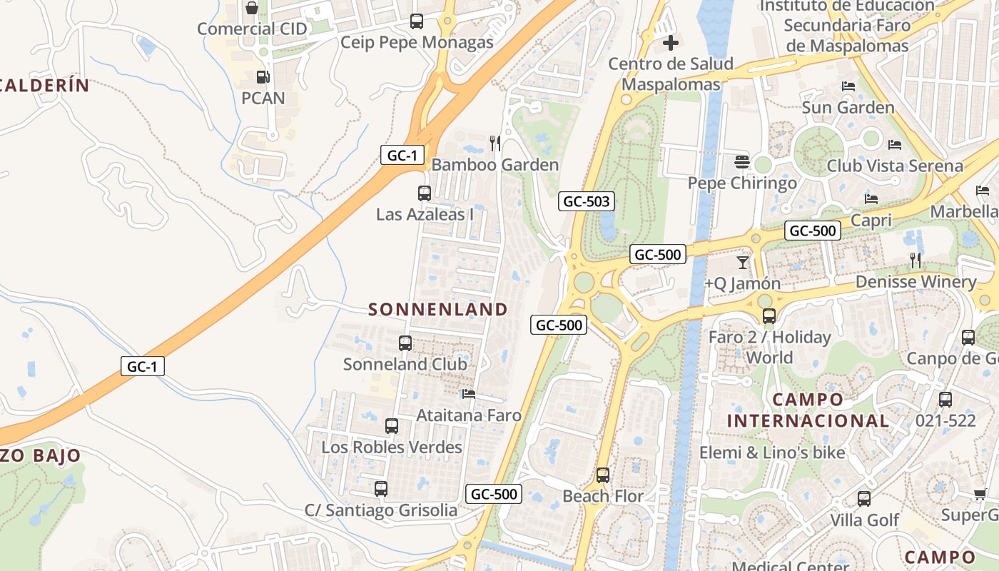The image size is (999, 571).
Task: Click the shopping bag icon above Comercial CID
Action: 252,9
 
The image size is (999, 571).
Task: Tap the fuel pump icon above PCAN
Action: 263,76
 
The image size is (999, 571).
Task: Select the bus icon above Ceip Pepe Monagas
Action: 417,21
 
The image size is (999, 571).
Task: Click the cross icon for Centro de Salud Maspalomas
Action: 671,43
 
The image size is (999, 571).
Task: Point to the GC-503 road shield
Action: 587,201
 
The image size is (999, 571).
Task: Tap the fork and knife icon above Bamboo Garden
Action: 495,143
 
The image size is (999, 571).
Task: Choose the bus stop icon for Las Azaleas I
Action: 425,193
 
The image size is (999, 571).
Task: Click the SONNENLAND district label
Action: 438,309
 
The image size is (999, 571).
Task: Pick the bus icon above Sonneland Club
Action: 405,343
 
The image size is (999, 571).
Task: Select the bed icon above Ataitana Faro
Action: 469,393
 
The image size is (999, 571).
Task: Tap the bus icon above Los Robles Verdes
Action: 392,426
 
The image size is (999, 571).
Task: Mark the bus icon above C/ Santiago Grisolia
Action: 381,489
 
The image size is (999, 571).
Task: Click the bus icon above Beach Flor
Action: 603,475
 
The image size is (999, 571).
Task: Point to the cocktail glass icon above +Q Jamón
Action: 743,262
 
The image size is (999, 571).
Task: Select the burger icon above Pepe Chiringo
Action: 741,162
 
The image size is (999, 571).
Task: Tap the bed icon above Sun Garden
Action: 848,86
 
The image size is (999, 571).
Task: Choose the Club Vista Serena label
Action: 895,166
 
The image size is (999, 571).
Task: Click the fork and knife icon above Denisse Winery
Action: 916,261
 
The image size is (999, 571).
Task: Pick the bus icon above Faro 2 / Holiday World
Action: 769,315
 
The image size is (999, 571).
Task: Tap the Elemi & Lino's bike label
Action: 772,453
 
